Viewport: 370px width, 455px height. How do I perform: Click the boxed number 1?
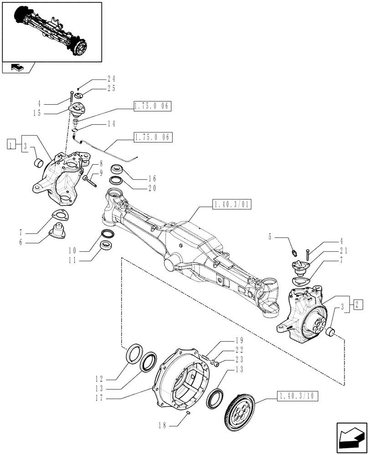point(11,146)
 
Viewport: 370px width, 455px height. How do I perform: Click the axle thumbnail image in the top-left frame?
point(51,30)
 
